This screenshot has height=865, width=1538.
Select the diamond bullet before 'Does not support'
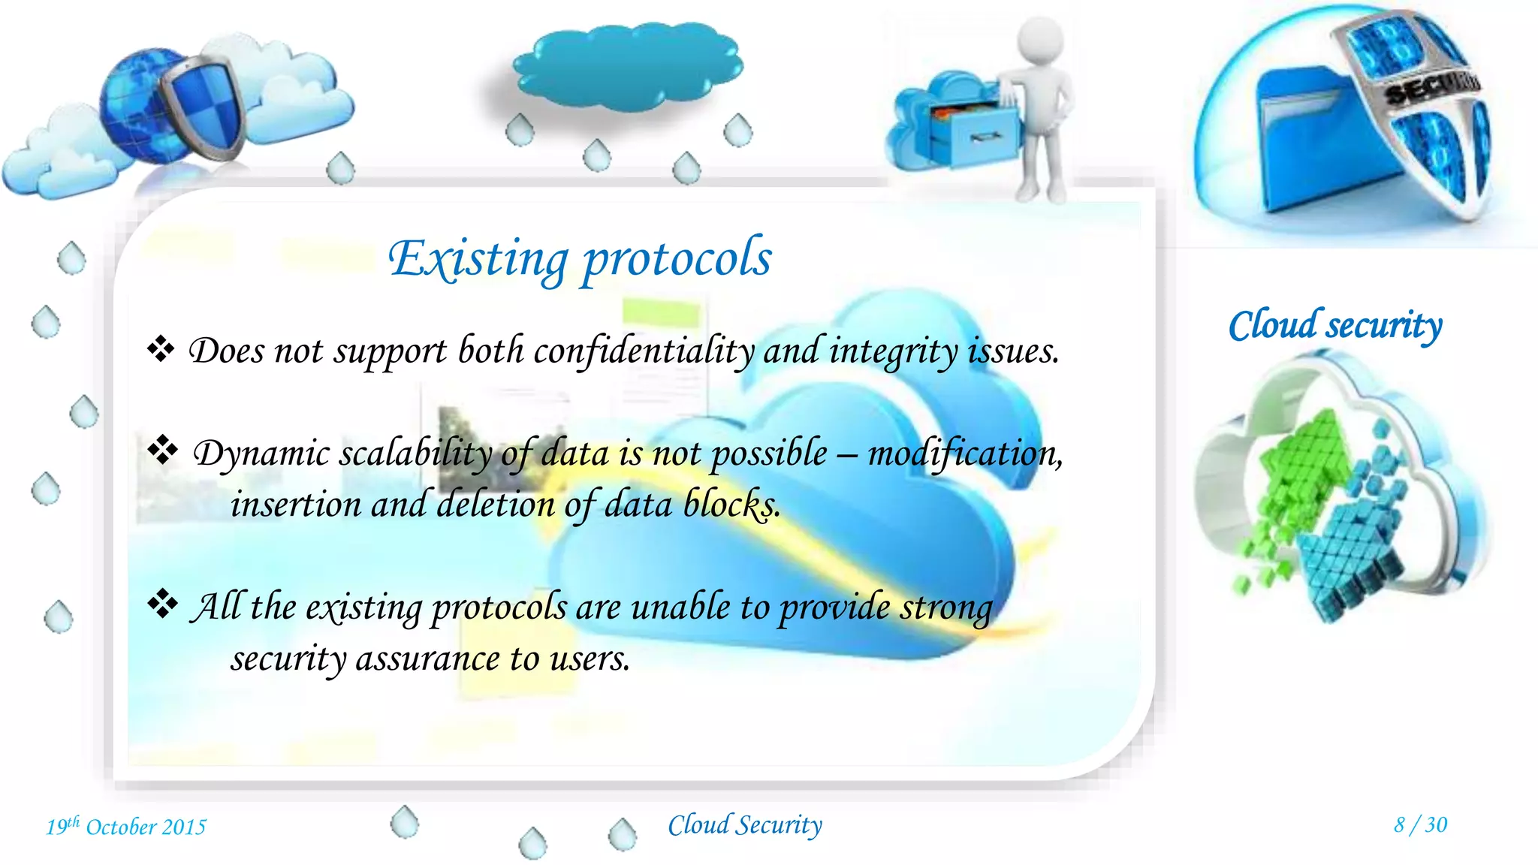(161, 348)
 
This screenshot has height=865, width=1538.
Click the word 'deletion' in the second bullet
(495, 504)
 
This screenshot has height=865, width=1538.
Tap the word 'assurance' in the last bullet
(427, 659)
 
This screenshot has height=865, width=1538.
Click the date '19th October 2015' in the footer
(126, 827)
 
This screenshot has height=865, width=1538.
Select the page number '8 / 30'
(1420, 825)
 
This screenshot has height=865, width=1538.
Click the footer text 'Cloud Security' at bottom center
(745, 825)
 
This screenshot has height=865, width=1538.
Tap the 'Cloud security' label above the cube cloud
(1335, 326)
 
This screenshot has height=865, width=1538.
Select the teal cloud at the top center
(627, 66)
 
